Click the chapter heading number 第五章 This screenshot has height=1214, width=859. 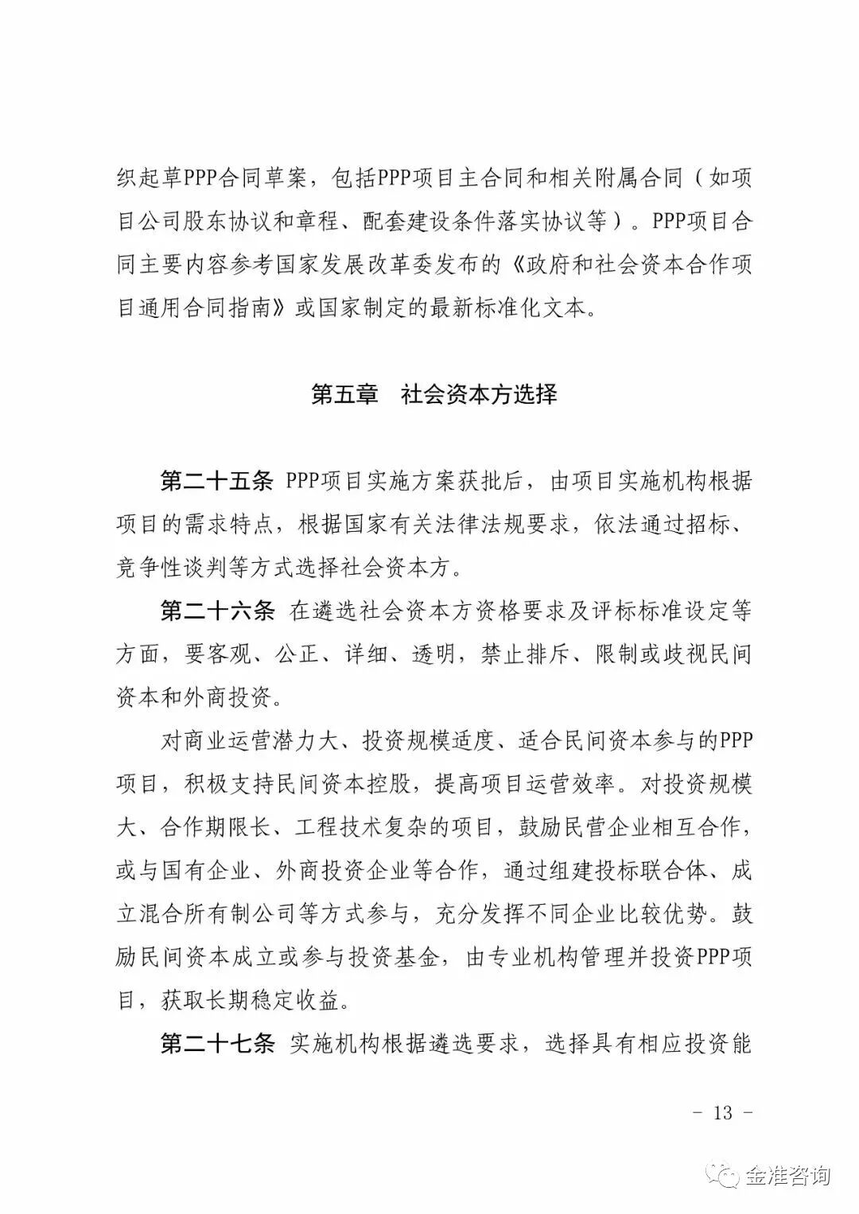(344, 394)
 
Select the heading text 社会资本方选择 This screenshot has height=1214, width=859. (479, 394)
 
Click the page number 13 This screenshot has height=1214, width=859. (722, 1112)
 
